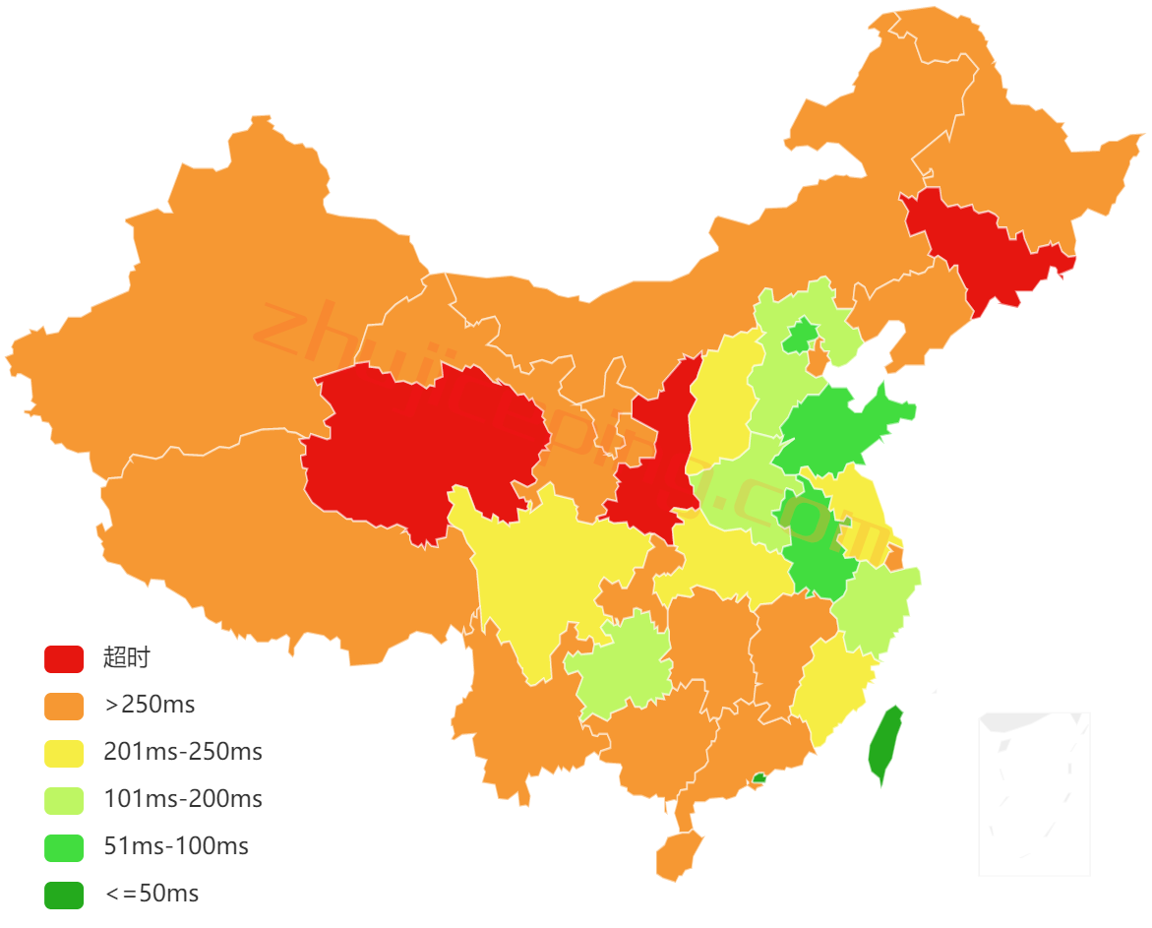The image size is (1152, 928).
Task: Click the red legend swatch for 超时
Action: tap(64, 658)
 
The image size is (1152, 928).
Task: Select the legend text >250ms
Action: tap(150, 705)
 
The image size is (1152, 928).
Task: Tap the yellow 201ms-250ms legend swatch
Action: tap(64, 753)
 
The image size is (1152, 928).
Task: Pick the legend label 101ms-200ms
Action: tap(183, 799)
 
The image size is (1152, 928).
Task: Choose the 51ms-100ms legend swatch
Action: tap(64, 846)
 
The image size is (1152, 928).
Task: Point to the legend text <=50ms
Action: tap(152, 894)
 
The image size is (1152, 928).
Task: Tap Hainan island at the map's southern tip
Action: tap(679, 853)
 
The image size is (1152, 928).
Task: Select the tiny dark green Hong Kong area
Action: tap(758, 777)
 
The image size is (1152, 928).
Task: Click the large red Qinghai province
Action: tap(423, 443)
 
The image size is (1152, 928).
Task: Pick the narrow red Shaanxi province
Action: tap(654, 463)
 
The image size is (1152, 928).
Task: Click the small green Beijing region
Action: tap(799, 337)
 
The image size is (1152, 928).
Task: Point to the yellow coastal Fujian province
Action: tap(831, 689)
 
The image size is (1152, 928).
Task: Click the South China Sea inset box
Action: tap(1034, 793)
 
